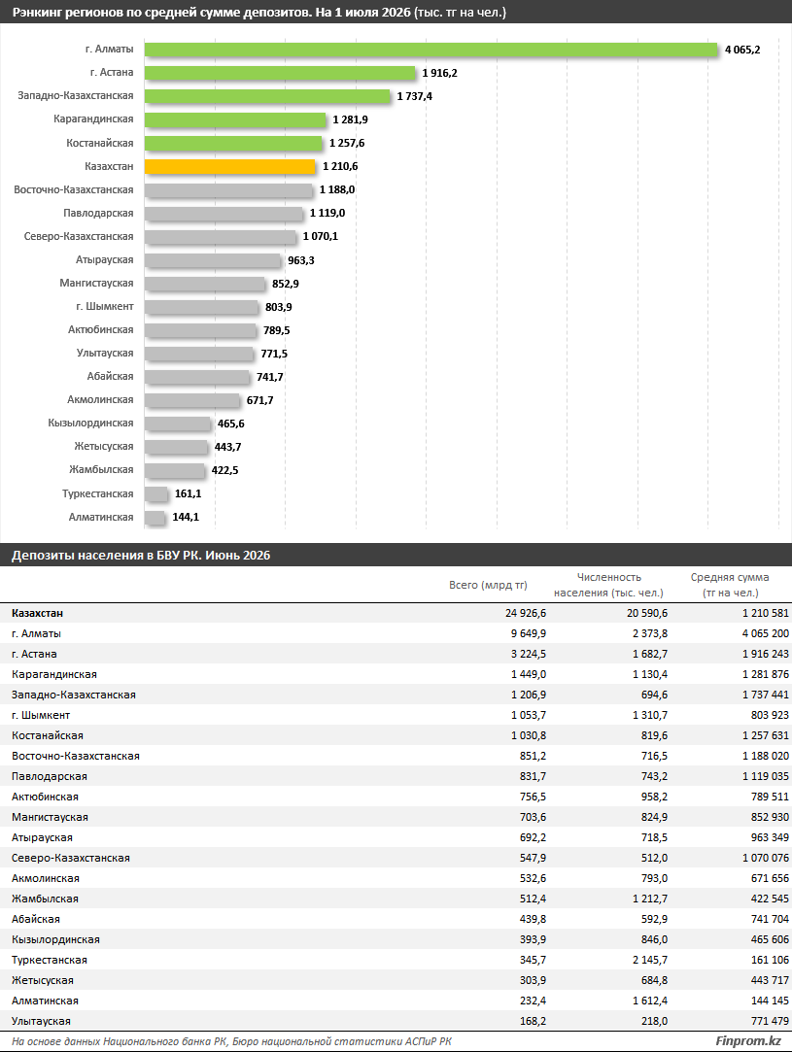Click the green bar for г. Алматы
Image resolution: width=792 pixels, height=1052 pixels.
[x=430, y=50]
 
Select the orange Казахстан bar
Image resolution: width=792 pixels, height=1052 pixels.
[x=230, y=166]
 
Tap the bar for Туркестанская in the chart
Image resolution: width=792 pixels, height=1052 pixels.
[x=156, y=493]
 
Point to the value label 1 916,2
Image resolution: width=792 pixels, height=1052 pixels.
[x=439, y=73]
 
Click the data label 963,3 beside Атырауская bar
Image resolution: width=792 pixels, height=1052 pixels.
[x=301, y=260]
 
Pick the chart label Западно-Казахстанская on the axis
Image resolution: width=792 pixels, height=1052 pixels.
[x=76, y=96]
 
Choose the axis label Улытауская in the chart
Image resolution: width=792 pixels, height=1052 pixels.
[x=105, y=354]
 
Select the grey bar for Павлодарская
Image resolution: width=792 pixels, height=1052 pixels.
[x=224, y=214]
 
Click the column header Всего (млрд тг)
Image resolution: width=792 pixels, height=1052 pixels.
[x=488, y=585]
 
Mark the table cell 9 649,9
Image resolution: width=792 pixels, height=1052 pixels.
[x=529, y=634]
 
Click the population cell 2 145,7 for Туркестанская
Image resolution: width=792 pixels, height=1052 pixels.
[x=650, y=960]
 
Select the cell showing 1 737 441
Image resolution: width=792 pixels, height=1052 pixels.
[x=765, y=696]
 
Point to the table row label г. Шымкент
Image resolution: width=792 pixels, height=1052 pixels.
[x=41, y=715]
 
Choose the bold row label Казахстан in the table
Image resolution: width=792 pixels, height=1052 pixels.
[x=38, y=613]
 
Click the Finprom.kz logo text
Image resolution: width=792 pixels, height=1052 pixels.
[x=747, y=1041]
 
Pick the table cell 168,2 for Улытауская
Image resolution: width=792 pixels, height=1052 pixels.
[x=533, y=1021]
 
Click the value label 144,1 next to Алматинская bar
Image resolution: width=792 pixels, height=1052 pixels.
[x=186, y=518]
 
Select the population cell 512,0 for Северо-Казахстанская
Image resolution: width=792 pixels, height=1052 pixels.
[x=654, y=858]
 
